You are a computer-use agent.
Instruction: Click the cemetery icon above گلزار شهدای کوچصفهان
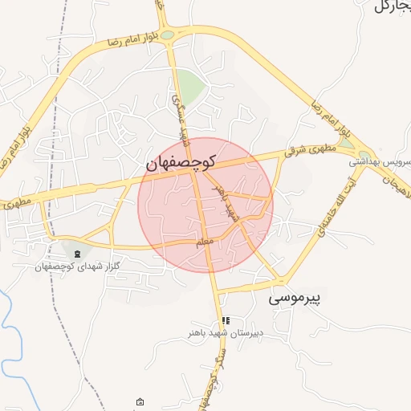coord(77,254)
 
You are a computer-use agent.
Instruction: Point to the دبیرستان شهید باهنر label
coord(226,331)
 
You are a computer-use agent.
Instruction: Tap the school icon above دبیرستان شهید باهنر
coord(226,319)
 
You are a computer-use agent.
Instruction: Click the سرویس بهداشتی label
coord(380,161)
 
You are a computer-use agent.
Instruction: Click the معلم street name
coord(205,240)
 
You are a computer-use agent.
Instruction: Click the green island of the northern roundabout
coord(167,35)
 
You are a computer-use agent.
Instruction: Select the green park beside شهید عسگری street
coord(190,84)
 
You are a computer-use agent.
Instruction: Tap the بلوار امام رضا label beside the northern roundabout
coord(126,39)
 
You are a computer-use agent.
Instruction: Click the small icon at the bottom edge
coord(140,401)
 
